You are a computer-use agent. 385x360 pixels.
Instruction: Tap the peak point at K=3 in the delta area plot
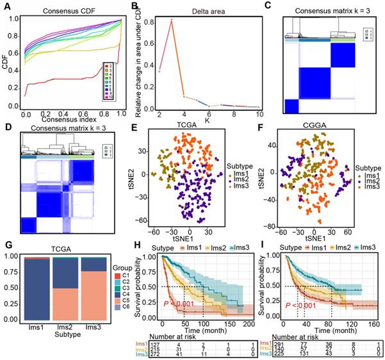(x=172, y=20)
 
